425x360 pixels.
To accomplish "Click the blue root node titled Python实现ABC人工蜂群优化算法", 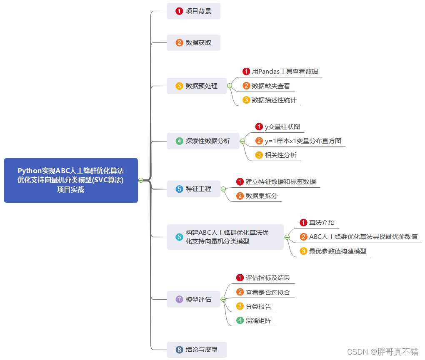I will point(71,180).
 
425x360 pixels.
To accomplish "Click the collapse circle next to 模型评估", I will point(223,299).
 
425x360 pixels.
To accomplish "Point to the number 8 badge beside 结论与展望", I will point(180,350).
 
